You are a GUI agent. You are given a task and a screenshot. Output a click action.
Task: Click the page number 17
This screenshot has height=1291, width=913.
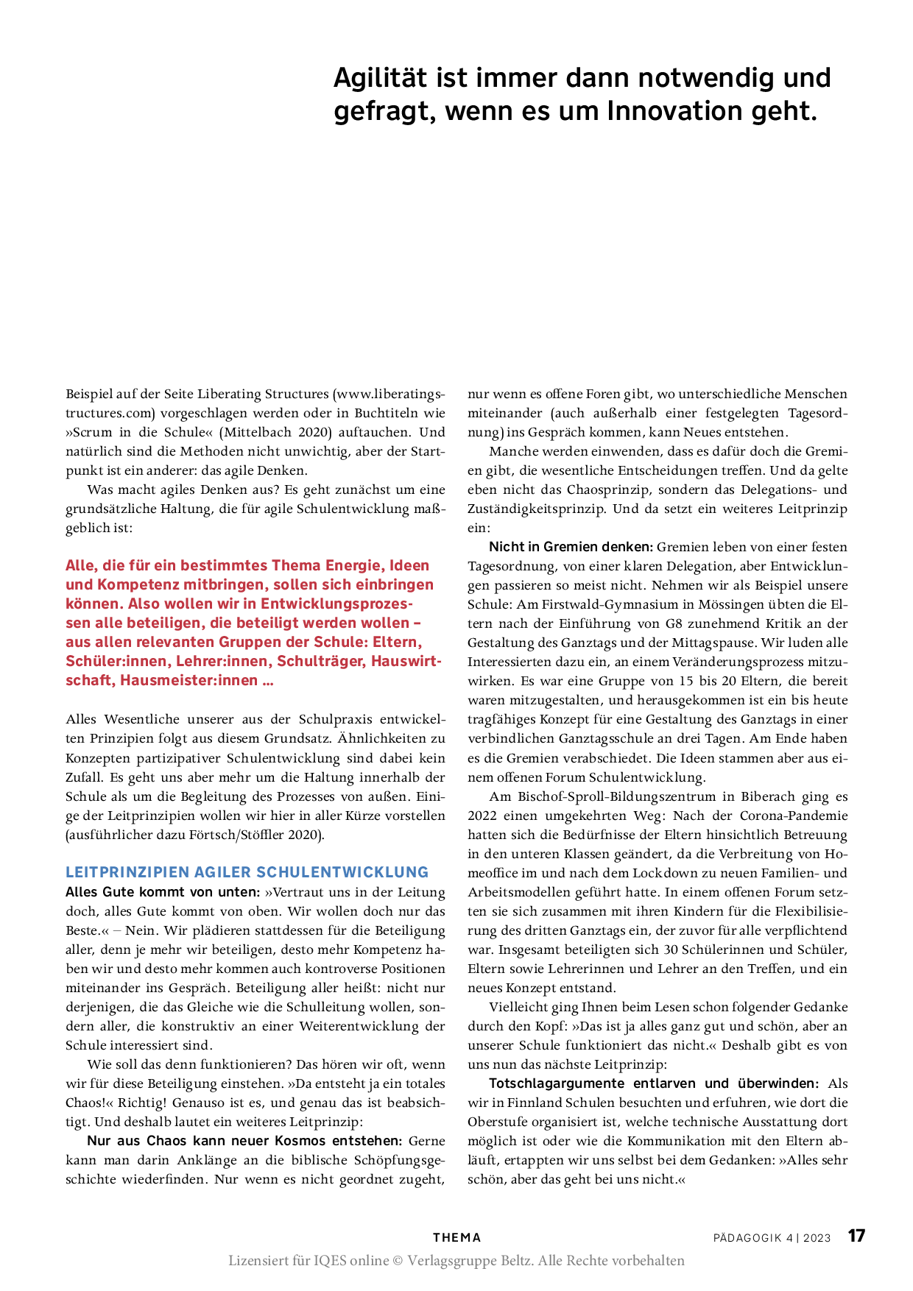[856, 1236]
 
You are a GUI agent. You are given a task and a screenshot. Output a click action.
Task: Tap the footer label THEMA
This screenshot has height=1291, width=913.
[456, 1238]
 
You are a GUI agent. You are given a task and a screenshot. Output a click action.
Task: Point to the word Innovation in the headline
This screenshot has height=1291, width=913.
[674, 111]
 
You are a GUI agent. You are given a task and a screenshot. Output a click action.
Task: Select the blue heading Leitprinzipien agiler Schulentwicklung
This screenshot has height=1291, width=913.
[247, 872]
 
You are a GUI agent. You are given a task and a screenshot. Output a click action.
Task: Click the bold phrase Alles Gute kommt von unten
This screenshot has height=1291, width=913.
[162, 892]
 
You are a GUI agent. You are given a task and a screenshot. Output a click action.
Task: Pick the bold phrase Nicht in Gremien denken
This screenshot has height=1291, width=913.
[571, 547]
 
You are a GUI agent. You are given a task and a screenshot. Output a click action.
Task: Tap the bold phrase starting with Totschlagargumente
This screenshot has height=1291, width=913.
[654, 1083]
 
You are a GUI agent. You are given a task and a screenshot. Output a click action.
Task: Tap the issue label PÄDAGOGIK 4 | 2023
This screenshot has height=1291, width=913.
[772, 1238]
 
